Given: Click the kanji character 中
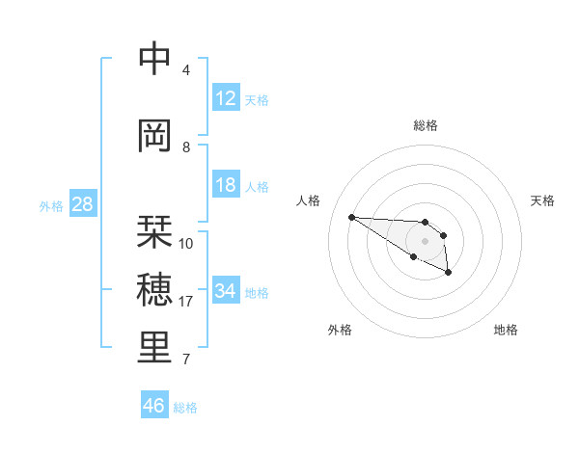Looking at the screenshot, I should [x=154, y=59].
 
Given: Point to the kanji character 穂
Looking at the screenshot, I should [x=154, y=289].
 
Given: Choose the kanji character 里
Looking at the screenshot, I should [x=154, y=347].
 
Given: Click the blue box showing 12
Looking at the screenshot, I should [x=226, y=98].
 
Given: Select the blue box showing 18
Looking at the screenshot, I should [x=226, y=185].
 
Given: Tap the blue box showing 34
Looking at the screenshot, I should [x=226, y=290].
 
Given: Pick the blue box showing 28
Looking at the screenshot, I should [x=82, y=204].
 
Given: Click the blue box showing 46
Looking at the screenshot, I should [x=154, y=406].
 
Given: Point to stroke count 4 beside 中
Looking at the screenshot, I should [x=186, y=70].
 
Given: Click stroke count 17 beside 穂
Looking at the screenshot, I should [x=186, y=302].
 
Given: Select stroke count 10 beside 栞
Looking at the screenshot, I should [x=186, y=244].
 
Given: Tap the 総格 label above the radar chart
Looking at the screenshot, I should [x=426, y=125].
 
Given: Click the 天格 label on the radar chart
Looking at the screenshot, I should [x=542, y=200].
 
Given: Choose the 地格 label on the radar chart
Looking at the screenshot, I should [x=506, y=330].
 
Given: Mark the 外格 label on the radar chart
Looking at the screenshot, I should [x=340, y=330].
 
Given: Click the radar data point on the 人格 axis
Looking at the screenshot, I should [x=351, y=217].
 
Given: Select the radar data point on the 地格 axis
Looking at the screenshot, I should [x=449, y=274].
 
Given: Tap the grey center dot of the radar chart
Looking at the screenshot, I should [x=425, y=241].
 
